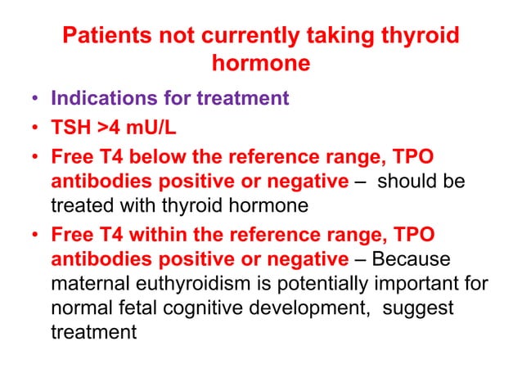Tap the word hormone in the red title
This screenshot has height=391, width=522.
[x=260, y=63]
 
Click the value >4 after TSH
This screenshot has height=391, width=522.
[x=110, y=127]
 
